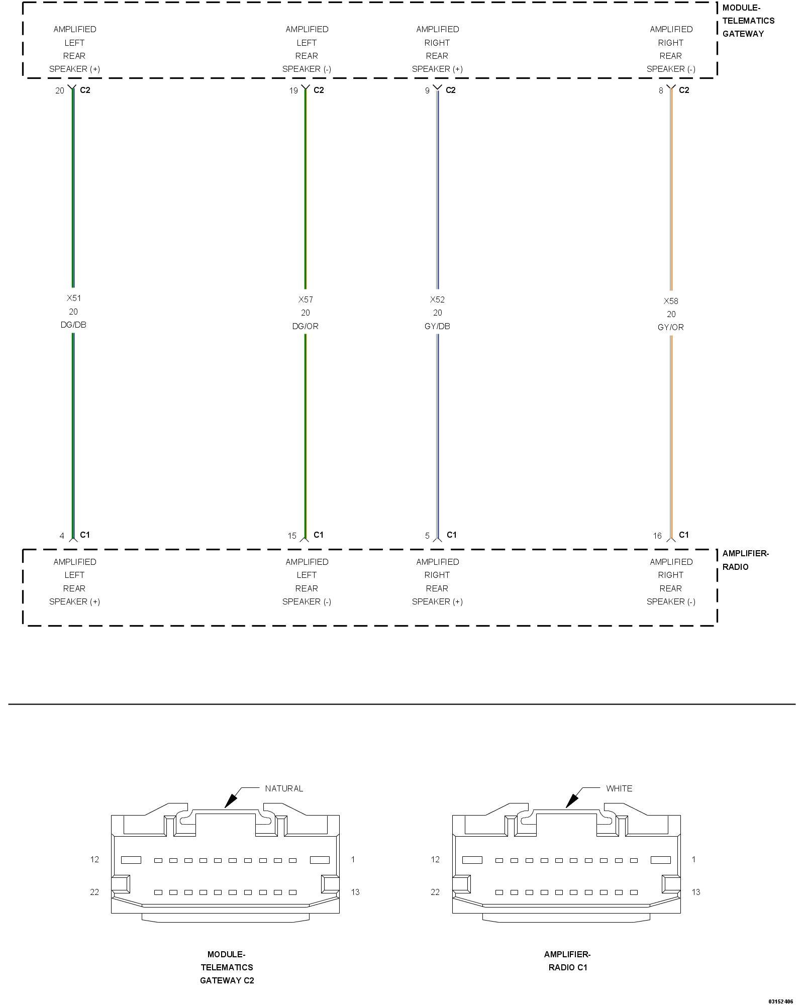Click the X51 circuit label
click(x=74, y=298)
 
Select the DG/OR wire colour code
click(x=306, y=326)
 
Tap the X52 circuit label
click(x=437, y=299)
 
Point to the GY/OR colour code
click(x=671, y=327)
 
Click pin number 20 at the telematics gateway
click(x=60, y=90)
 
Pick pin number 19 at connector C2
click(x=293, y=90)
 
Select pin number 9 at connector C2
click(x=427, y=90)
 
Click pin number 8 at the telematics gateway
click(x=661, y=90)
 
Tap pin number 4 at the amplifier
click(x=62, y=536)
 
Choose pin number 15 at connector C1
click(x=292, y=536)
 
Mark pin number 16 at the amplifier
click(x=657, y=536)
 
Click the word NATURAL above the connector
click(x=284, y=788)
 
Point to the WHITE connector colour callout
click(x=619, y=788)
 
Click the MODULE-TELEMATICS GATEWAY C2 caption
click(x=227, y=967)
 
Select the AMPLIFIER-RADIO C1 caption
click(x=567, y=961)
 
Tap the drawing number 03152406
click(x=780, y=1001)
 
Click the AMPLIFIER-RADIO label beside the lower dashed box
click(x=745, y=560)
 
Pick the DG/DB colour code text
click(x=73, y=325)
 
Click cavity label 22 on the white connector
click(x=435, y=892)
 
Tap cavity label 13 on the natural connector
click(x=355, y=892)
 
